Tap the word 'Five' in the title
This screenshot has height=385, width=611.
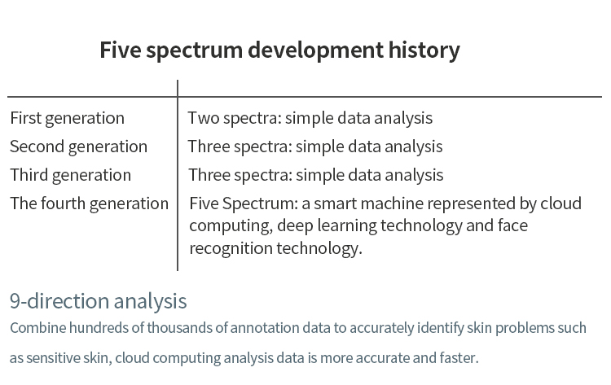(120, 50)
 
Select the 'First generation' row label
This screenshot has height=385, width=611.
(67, 119)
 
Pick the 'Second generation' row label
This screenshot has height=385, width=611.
(78, 147)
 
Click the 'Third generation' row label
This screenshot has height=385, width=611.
(71, 176)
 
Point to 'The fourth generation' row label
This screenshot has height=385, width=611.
(90, 204)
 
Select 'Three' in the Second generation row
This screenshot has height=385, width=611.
(209, 147)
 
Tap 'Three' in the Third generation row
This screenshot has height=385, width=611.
(209, 175)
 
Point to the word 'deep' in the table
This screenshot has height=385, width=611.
(295, 226)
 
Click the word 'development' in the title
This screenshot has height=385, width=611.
(315, 50)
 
